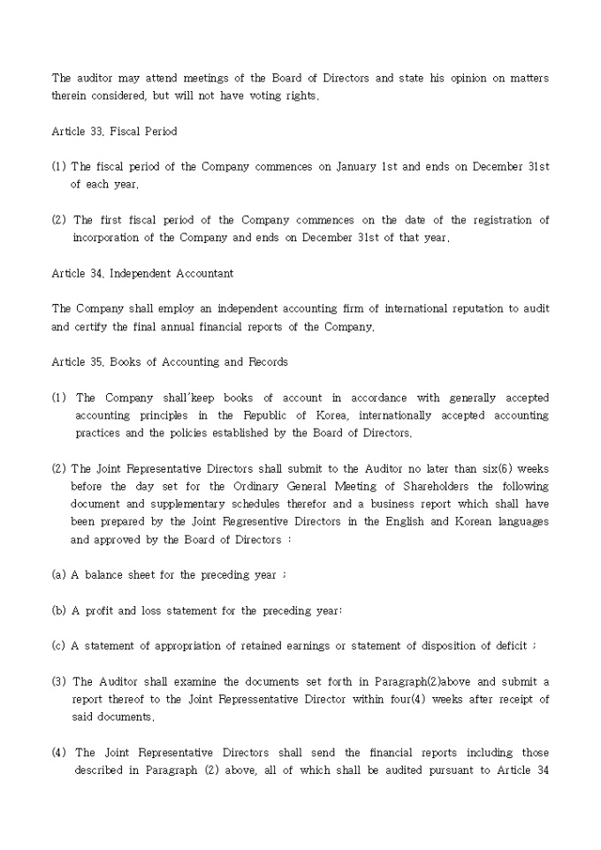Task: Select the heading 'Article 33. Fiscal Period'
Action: click(114, 131)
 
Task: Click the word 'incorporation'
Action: click(106, 238)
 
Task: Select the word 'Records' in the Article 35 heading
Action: click(268, 361)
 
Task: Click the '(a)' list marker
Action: click(58, 574)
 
